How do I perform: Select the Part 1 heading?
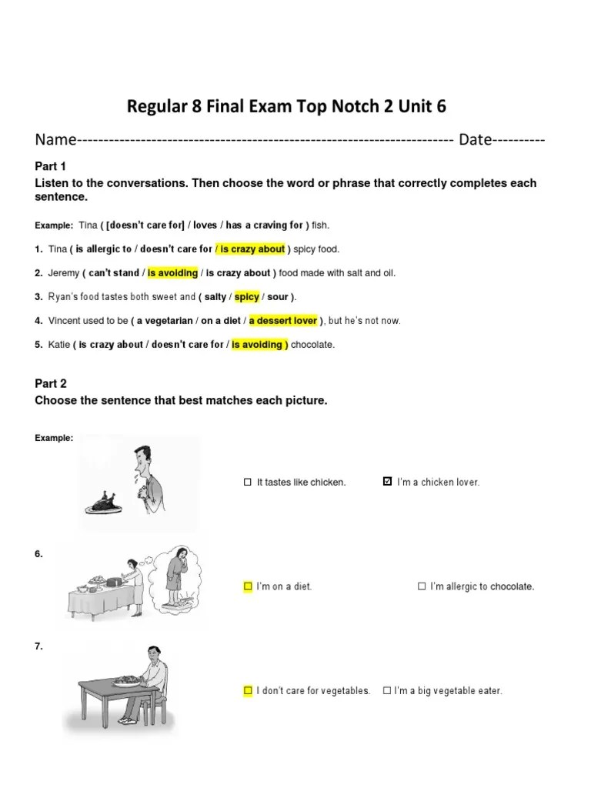51,166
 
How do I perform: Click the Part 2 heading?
51,384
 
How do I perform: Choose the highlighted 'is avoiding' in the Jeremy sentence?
172,273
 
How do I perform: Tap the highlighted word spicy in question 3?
246,297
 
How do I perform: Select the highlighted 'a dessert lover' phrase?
283,321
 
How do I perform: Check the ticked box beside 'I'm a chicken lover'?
387,482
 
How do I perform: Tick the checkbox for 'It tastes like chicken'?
248,482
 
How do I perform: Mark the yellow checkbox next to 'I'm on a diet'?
248,586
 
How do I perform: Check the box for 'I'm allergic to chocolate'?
422,586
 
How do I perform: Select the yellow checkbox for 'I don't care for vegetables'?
248,691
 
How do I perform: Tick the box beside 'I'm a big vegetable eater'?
387,691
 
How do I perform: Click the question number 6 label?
39,554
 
